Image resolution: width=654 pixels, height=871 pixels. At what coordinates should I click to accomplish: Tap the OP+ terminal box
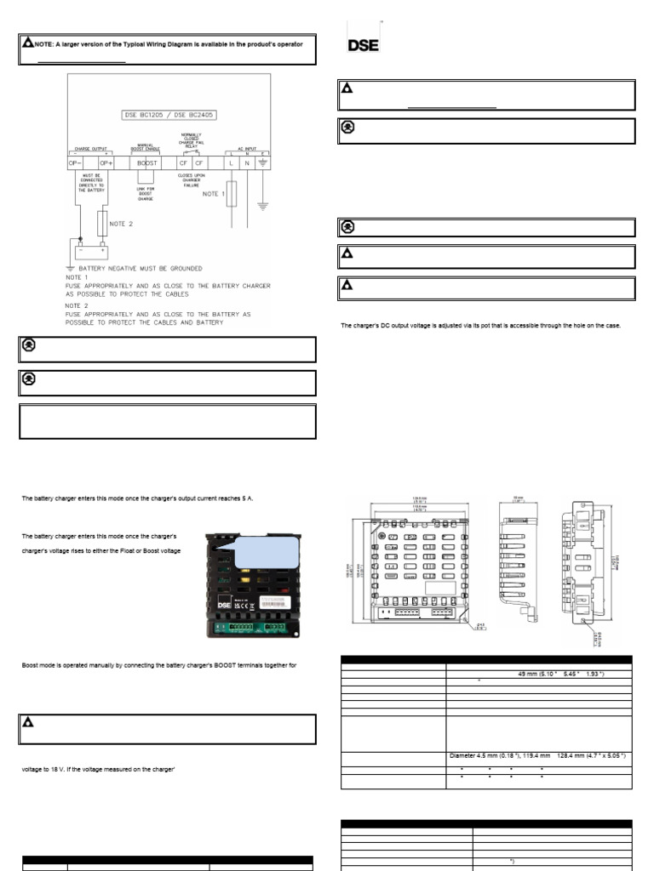pyautogui.click(x=106, y=162)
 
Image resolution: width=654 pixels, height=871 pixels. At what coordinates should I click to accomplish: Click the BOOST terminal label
pyautogui.click(x=147, y=162)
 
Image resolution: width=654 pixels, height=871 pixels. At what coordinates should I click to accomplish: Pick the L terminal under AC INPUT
pyautogui.click(x=230, y=162)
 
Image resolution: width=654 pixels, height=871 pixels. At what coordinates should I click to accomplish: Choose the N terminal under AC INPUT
pyautogui.click(x=247, y=162)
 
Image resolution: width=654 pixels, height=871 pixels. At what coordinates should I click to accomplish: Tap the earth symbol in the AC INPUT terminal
pyautogui.click(x=264, y=162)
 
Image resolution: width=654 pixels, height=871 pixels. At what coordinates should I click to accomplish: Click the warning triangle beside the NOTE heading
pyautogui.click(x=28, y=42)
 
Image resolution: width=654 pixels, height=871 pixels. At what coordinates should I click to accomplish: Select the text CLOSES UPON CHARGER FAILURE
pyautogui.click(x=191, y=181)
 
